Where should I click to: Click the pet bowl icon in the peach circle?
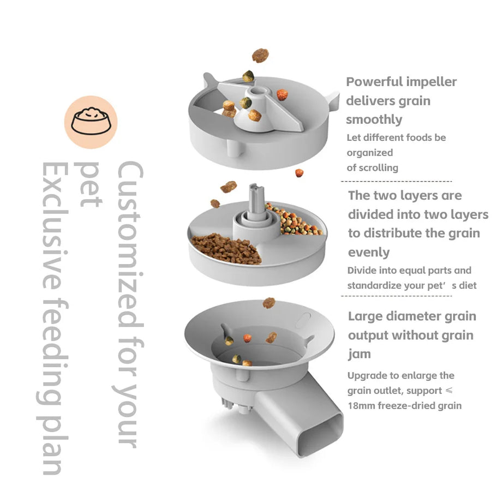click(91, 122)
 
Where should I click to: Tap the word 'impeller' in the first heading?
click(431, 82)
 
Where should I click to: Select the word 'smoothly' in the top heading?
click(374, 119)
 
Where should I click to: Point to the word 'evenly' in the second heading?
click(369, 252)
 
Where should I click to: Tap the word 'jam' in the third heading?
click(359, 354)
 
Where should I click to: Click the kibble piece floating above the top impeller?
click(260, 55)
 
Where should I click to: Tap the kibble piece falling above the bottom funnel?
click(268, 302)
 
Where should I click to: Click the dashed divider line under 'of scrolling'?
click(396, 181)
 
